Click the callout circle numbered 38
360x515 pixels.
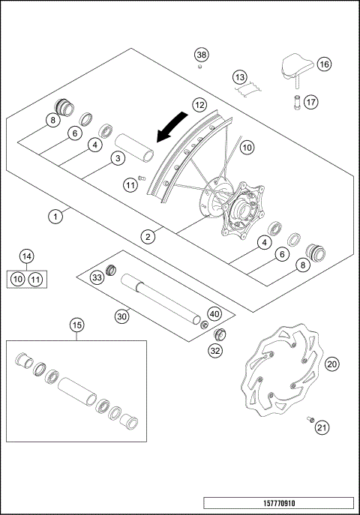[x=201, y=55]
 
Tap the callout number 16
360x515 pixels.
[x=324, y=64]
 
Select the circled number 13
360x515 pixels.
[x=239, y=77]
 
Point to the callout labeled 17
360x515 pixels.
[x=311, y=102]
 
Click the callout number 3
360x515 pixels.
[x=116, y=158]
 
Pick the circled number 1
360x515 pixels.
[x=54, y=217]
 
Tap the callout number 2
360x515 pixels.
[x=149, y=236]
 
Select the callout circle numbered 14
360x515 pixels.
[x=26, y=256]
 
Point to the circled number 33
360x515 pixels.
[x=97, y=278]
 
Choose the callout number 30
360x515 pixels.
[x=122, y=316]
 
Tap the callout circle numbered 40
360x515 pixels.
[x=214, y=314]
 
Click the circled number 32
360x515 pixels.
[x=215, y=349]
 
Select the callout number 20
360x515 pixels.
[x=332, y=364]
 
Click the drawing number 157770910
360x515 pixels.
[x=278, y=504]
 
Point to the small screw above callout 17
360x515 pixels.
[x=298, y=98]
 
